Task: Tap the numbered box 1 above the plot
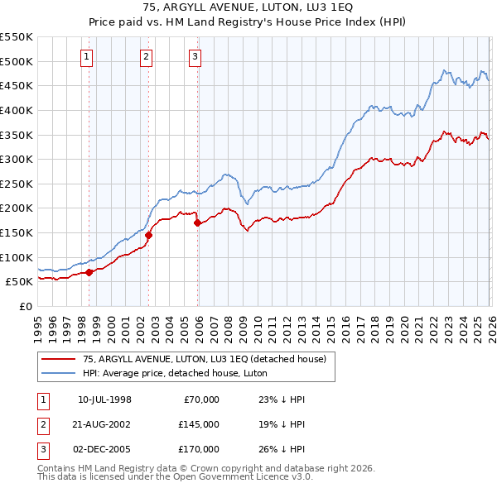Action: [88, 57]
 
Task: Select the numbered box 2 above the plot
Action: [146, 57]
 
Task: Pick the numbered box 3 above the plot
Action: [195, 57]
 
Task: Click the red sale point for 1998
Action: [89, 272]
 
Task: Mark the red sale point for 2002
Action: [149, 235]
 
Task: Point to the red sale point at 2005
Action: [197, 222]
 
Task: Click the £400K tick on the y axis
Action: [17, 110]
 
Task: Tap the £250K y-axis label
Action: [17, 184]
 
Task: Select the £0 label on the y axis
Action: [25, 306]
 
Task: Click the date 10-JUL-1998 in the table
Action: [104, 399]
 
